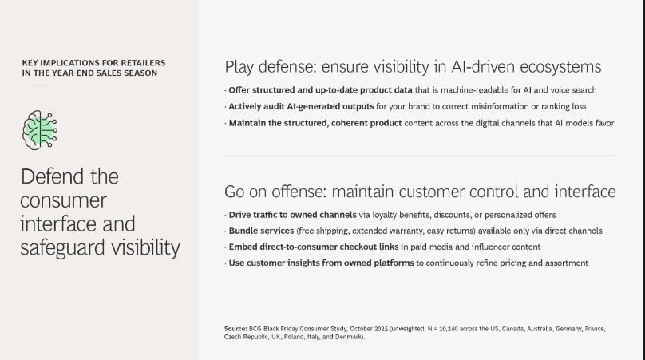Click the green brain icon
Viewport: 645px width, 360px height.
click(40, 129)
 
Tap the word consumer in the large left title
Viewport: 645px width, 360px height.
click(63, 200)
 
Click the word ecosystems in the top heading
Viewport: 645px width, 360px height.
click(560, 67)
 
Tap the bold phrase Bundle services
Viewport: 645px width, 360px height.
click(261, 231)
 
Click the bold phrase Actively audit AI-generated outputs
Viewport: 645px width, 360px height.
click(301, 106)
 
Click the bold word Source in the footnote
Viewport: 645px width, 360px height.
click(235, 329)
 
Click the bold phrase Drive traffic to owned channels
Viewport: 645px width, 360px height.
click(292, 215)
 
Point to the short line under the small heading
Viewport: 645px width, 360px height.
click(37, 85)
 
